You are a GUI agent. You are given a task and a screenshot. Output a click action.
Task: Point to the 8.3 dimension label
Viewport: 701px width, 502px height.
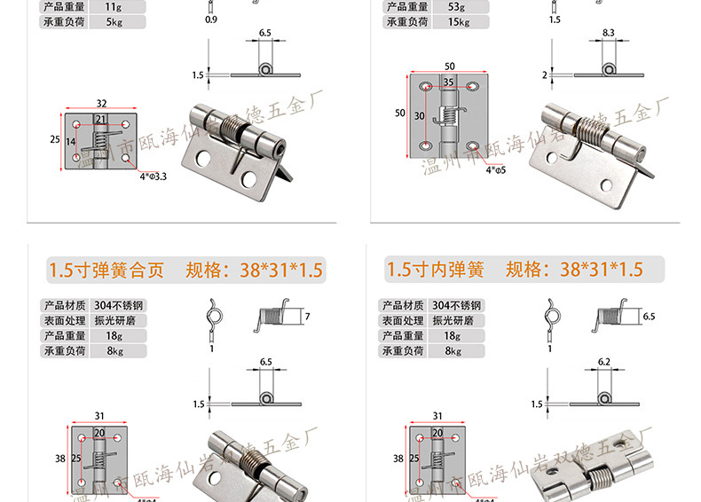608,33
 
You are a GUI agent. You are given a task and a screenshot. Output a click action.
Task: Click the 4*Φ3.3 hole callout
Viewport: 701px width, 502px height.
153,176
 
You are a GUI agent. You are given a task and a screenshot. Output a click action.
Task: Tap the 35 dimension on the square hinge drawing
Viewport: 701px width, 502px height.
449,82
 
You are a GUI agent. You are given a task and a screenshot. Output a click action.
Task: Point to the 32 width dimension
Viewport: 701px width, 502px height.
101,103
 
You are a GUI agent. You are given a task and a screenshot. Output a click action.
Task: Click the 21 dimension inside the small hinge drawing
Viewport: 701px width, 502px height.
101,119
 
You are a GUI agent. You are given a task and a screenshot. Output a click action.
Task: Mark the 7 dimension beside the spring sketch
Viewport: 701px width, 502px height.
306,317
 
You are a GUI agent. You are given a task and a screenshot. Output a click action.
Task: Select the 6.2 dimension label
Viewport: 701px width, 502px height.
605,362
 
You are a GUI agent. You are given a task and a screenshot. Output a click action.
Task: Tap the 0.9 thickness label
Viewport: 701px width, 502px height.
210,19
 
